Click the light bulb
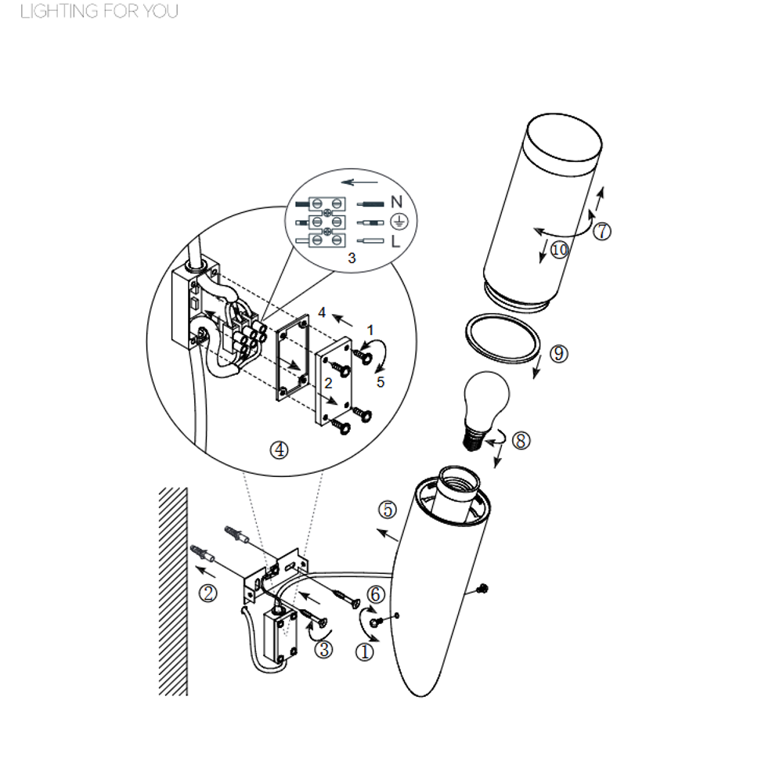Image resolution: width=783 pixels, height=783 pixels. pos(485,407)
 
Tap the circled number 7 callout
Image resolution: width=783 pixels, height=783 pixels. pos(601,231)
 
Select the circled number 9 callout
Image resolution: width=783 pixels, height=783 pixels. pos(559,354)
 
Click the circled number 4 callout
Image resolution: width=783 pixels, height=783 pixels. pos(280,450)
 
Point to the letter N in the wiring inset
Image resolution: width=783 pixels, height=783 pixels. pos(396,202)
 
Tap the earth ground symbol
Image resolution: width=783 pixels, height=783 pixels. pos(399,222)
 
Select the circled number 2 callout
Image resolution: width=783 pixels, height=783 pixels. pos(208,594)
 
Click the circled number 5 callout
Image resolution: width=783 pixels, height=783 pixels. pos(388,510)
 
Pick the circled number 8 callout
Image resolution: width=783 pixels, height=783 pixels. pos(521,440)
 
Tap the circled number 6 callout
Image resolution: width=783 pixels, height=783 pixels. pos(376,594)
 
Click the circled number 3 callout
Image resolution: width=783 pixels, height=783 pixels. pos(323,649)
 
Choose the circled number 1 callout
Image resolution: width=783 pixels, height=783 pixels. pos(364,651)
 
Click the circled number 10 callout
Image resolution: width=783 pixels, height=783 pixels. pos(559,249)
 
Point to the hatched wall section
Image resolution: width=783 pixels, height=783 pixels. pos(173,591)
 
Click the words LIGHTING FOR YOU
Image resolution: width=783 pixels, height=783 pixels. pos(99,12)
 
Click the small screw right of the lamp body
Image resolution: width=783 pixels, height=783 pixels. pos(482,589)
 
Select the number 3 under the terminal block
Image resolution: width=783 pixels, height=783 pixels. pos(352,258)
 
